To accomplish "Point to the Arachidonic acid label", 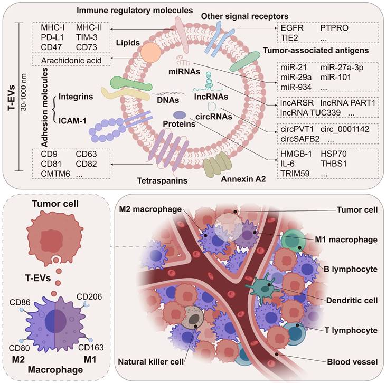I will [72, 61].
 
